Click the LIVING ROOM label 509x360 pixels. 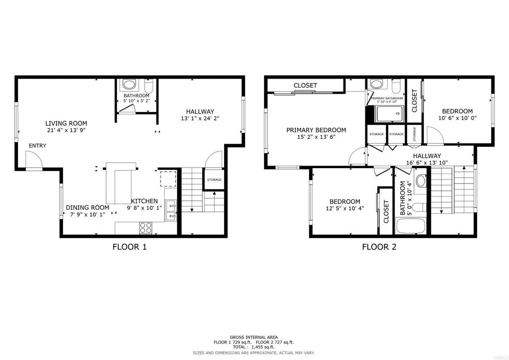point(66,123)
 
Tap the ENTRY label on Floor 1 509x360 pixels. point(37,146)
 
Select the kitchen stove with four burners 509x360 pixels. point(146,228)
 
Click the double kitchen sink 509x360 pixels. point(171,210)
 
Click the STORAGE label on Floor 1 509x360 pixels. point(214,180)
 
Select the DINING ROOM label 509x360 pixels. point(87,208)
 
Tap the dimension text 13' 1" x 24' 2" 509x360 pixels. point(200,119)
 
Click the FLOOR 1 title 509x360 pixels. point(130,247)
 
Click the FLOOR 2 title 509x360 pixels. point(379,247)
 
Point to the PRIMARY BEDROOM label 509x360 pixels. point(316,130)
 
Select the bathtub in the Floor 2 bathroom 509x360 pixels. point(411,226)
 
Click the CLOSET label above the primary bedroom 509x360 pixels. point(305,86)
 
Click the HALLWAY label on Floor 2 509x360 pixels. point(427,156)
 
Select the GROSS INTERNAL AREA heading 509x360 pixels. point(254,337)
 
